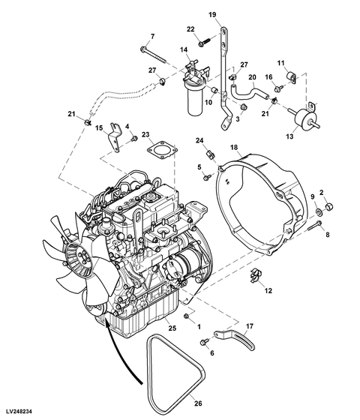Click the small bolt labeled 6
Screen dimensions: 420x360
pos(205,342)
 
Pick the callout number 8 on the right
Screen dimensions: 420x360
pos(327,235)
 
